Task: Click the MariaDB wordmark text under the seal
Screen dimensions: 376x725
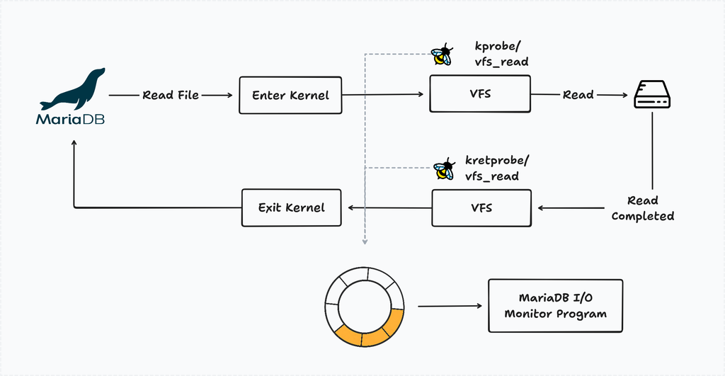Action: [x=70, y=119]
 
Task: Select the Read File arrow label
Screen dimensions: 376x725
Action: [x=171, y=95]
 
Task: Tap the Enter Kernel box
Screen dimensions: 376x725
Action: [x=290, y=95]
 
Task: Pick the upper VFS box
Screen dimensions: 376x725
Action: [x=480, y=94]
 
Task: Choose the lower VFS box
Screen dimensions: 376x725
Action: [x=481, y=207]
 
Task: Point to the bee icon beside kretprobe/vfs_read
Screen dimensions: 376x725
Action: [x=443, y=169]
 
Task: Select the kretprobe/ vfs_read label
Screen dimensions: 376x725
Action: [x=496, y=169]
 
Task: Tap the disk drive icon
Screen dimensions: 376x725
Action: [x=651, y=94]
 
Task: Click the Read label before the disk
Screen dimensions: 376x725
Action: [x=578, y=95]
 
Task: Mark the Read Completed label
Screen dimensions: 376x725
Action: [x=642, y=208]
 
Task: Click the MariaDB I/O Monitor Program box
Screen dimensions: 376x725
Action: [x=555, y=306]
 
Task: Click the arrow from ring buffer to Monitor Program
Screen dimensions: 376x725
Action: [x=446, y=307]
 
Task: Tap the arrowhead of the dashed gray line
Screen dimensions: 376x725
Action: [x=365, y=241]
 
